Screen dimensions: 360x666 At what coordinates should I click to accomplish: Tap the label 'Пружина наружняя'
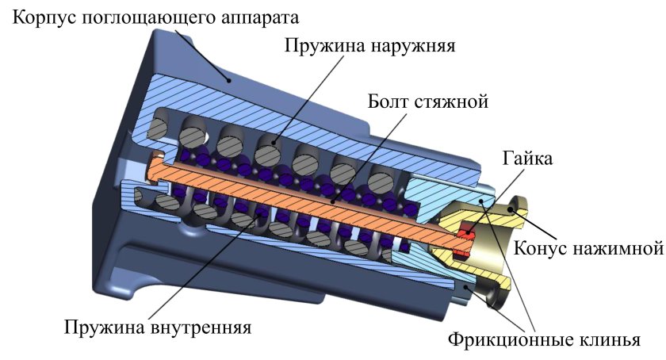pyautogui.click(x=369, y=45)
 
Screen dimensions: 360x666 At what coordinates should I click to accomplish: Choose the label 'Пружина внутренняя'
pyautogui.click(x=158, y=327)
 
